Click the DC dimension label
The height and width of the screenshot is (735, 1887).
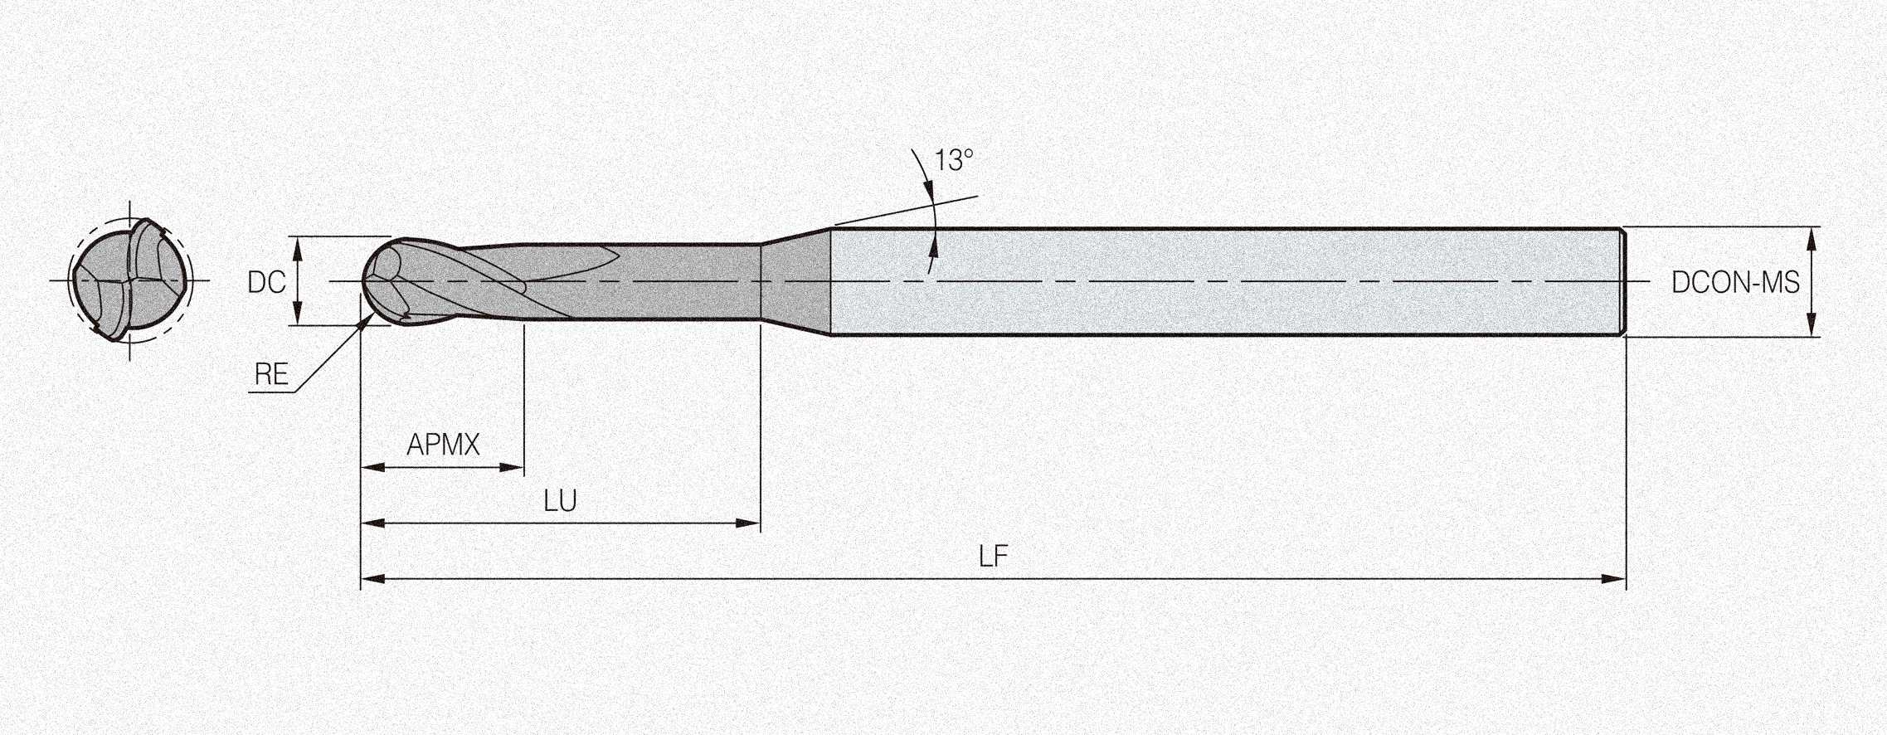pyautogui.click(x=266, y=283)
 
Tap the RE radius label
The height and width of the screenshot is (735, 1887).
pyautogui.click(x=271, y=375)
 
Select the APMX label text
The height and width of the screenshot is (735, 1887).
pyautogui.click(x=443, y=445)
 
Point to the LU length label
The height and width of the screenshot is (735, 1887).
pyautogui.click(x=560, y=501)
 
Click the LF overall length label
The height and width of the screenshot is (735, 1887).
pyautogui.click(x=993, y=557)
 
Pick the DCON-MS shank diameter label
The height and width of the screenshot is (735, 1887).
pyautogui.click(x=1735, y=283)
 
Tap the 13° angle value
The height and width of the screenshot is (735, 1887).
pyautogui.click(x=954, y=160)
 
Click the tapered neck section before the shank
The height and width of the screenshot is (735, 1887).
pyautogui.click(x=796, y=281)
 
